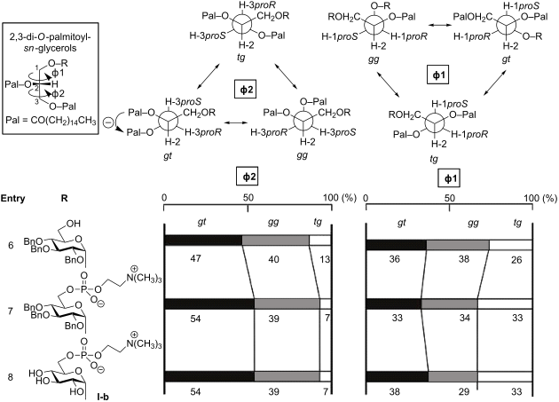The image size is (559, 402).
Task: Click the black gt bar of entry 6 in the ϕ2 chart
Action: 203,240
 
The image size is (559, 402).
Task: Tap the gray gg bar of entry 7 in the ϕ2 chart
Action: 287,303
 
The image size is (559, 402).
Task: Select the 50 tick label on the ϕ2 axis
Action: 248,197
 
